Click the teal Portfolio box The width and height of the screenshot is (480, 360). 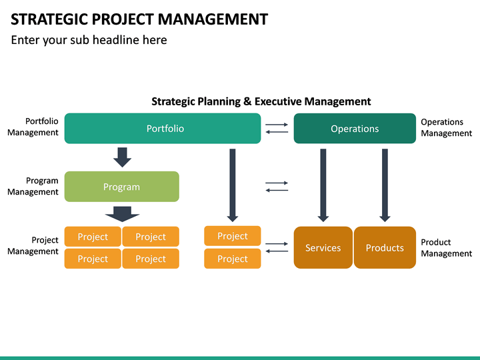(163, 129)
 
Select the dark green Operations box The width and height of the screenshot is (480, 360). (355, 129)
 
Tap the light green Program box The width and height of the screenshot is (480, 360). (121, 187)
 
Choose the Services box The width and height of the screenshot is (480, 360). (323, 248)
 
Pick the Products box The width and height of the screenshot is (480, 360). (385, 248)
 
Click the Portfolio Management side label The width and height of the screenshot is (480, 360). (33, 127)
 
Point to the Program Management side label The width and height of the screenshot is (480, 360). (33, 186)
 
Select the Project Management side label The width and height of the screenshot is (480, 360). (33, 245)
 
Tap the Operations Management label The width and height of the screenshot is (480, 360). (446, 127)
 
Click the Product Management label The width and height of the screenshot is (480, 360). (446, 247)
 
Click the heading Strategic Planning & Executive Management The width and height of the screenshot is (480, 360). (261, 101)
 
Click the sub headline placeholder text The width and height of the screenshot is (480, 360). (89, 40)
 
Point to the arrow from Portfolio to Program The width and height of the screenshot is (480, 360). (122, 157)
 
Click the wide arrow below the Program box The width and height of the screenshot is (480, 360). (122, 213)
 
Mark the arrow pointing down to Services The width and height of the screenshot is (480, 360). (323, 185)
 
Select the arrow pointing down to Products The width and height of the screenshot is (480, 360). (385, 185)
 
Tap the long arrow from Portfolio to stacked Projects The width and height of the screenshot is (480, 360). (233, 185)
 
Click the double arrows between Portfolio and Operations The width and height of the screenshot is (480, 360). (277, 129)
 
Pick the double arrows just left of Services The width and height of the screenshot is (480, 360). (277, 247)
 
